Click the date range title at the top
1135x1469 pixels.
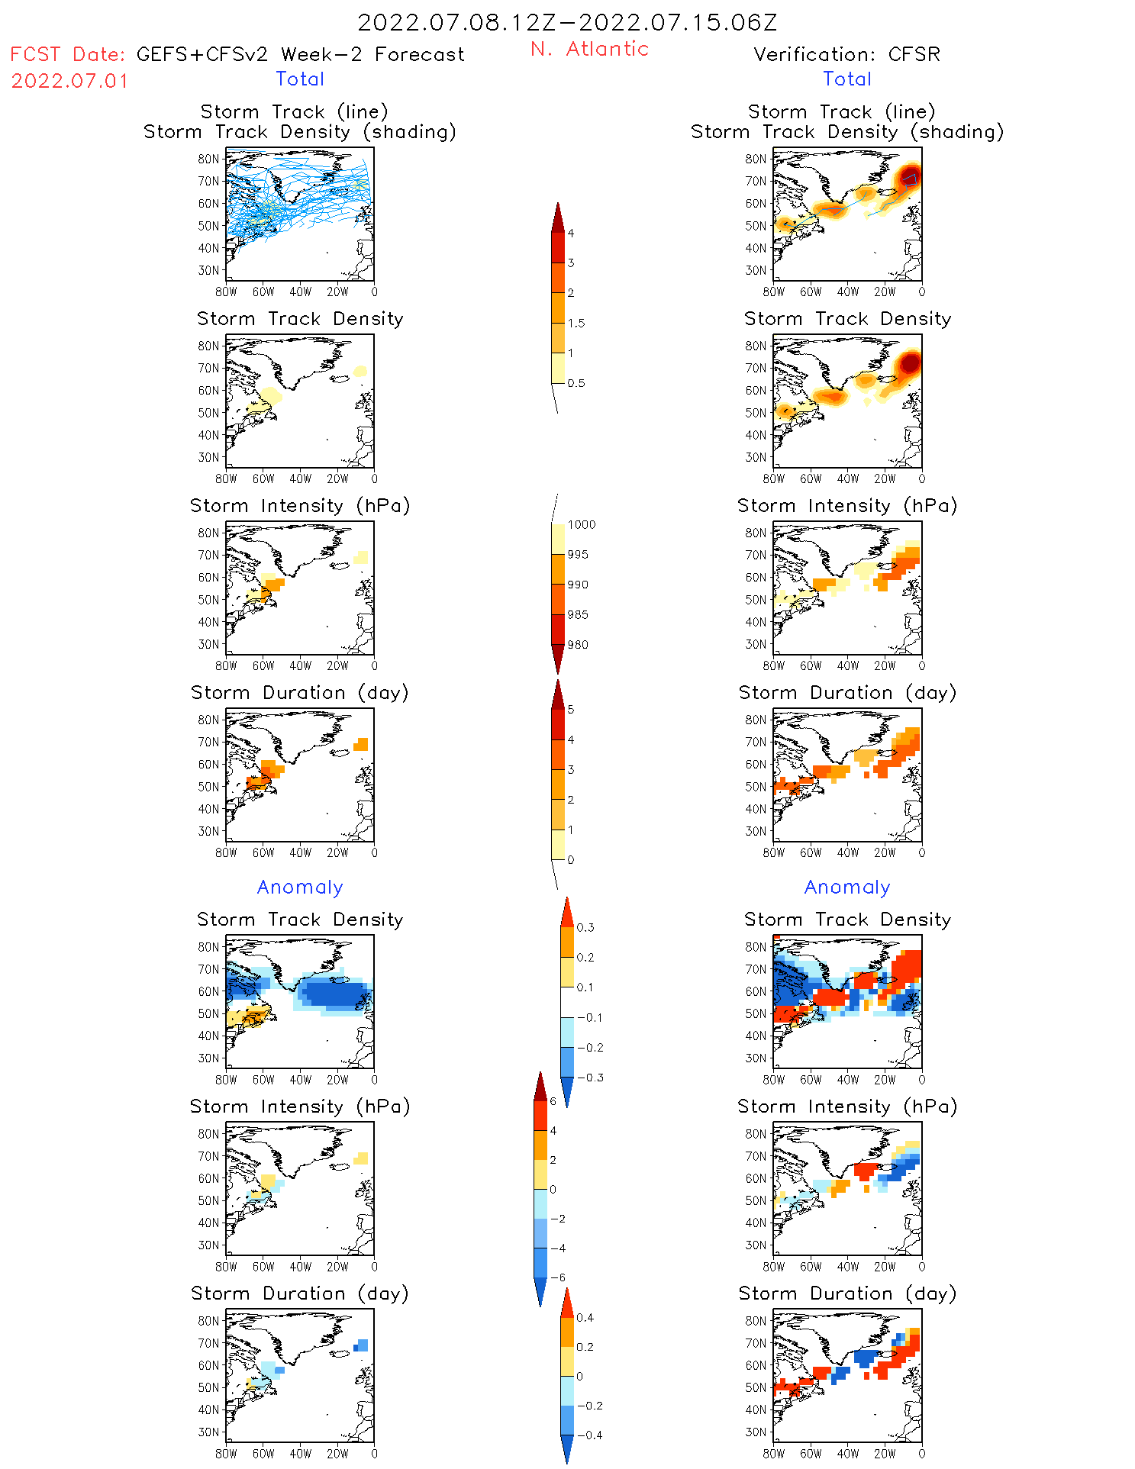click(x=567, y=22)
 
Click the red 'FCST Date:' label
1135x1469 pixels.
click(x=67, y=54)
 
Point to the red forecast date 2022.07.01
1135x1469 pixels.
click(x=69, y=81)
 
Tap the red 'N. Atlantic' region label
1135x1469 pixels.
click(x=589, y=49)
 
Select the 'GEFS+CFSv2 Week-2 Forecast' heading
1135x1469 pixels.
click(x=300, y=54)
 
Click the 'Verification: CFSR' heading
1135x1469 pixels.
click(x=846, y=54)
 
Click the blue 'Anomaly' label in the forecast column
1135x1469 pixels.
click(x=300, y=887)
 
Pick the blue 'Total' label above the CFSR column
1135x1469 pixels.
click(x=846, y=79)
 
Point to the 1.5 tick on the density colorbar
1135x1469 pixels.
click(x=576, y=323)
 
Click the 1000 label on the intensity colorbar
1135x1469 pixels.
click(x=581, y=524)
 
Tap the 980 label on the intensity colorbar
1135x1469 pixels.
click(x=578, y=645)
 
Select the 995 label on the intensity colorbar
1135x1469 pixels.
click(x=578, y=555)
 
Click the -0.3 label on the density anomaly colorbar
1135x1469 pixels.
click(x=589, y=1078)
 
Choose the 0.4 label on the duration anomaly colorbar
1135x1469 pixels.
click(x=585, y=1317)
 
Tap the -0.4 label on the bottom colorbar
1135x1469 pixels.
click(x=589, y=1435)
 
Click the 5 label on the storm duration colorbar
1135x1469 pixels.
click(x=571, y=710)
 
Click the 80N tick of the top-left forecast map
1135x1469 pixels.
click(x=208, y=159)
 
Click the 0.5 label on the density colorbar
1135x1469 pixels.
click(x=576, y=383)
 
